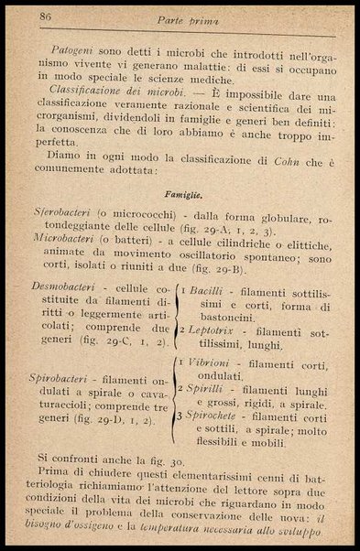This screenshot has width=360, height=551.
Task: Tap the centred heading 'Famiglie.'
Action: click(x=182, y=196)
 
